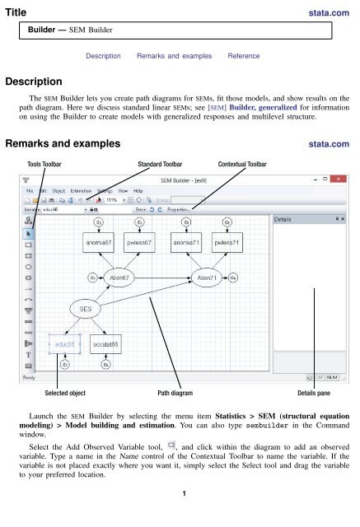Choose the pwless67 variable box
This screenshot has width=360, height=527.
point(143,244)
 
